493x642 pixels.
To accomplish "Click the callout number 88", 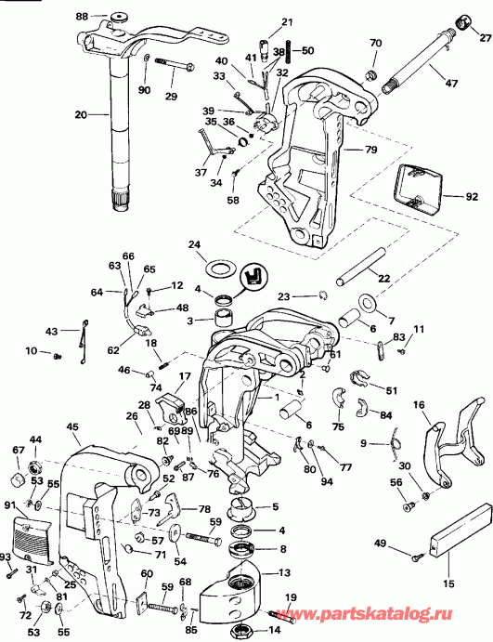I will [82, 17].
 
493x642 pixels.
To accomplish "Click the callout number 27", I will [484, 40].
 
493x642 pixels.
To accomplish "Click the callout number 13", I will [283, 572].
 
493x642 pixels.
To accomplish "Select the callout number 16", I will [419, 404].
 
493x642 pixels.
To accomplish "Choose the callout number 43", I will [51, 331].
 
